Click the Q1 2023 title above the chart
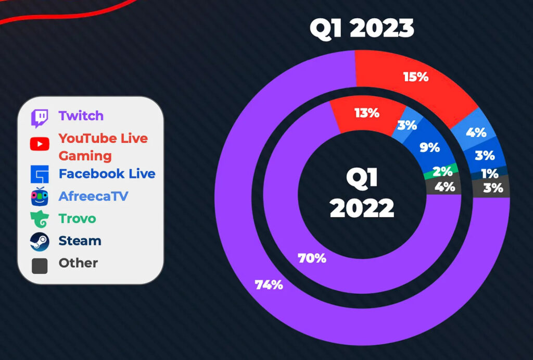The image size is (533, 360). tap(362, 28)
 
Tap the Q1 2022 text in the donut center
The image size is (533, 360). tap(362, 193)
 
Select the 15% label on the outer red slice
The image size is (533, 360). tap(416, 77)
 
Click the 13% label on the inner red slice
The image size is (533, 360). tap(367, 113)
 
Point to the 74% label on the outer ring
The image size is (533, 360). tap(269, 285)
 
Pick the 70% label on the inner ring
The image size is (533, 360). tap(312, 258)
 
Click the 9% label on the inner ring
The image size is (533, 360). tap(429, 147)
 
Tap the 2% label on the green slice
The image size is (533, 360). tap(442, 171)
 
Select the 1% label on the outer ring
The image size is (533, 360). tap(489, 174)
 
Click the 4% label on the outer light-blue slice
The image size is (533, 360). tap(476, 132)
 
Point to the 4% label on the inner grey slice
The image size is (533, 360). tap(445, 187)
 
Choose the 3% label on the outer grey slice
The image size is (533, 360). tap(493, 188)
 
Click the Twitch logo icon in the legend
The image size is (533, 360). tap(40, 118)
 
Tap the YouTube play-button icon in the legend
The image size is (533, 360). tap(40, 144)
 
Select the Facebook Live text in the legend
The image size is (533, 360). tap(107, 173)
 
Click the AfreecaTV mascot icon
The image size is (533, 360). tap(40, 196)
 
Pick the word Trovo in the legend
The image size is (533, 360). tap(77, 218)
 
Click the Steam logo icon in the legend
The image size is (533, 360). tap(40, 242)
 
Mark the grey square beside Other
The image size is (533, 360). tap(40, 266)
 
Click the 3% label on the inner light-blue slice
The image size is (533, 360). tap(407, 125)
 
